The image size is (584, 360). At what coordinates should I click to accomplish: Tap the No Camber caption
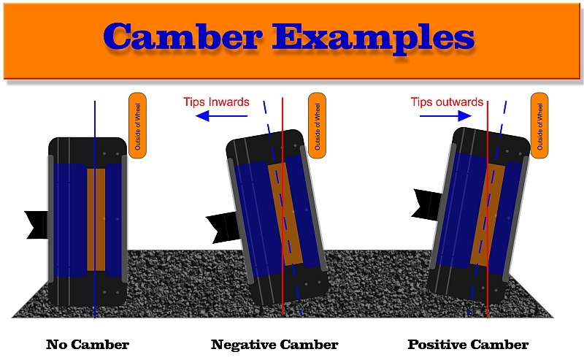[88, 344]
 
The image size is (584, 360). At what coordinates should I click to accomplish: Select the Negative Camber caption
[274, 344]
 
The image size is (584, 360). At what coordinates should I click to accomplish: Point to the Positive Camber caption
[468, 344]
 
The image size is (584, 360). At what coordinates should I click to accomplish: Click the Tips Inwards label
[216, 102]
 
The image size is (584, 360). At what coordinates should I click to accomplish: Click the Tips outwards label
[447, 102]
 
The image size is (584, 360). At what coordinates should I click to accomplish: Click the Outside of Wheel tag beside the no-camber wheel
[138, 125]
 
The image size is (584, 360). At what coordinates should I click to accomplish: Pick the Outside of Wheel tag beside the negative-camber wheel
[317, 125]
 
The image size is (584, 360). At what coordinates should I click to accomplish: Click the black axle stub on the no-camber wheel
[36, 223]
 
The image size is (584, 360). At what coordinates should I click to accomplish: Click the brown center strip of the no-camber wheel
[96, 219]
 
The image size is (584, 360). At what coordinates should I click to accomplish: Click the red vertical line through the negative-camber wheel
[283, 292]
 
